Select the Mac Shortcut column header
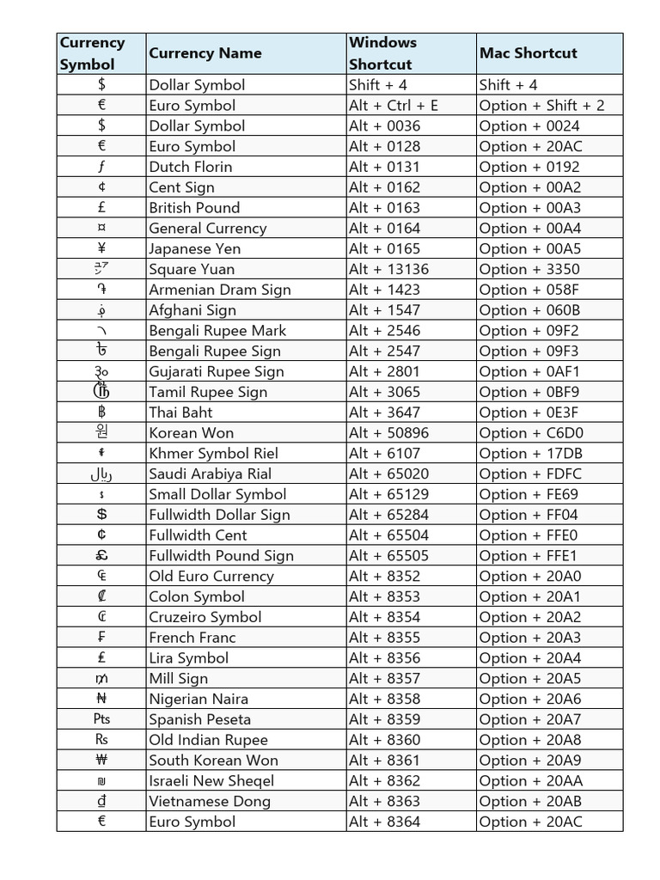coord(528,53)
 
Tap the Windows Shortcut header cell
coord(382,53)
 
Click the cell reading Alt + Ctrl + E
coord(394,106)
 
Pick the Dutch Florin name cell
coord(191,167)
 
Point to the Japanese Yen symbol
coord(101,248)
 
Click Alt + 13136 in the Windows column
coord(388,269)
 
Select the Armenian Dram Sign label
coord(220,290)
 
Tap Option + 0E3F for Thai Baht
coord(529,412)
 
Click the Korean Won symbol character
coord(101,432)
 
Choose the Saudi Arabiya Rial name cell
coord(210,474)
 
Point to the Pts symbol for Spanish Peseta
coord(101,719)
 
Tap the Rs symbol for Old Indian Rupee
coord(101,740)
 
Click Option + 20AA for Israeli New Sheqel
coord(530,781)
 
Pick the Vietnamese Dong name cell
coord(210,802)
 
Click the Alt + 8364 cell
coord(385,822)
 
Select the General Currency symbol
coord(101,229)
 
